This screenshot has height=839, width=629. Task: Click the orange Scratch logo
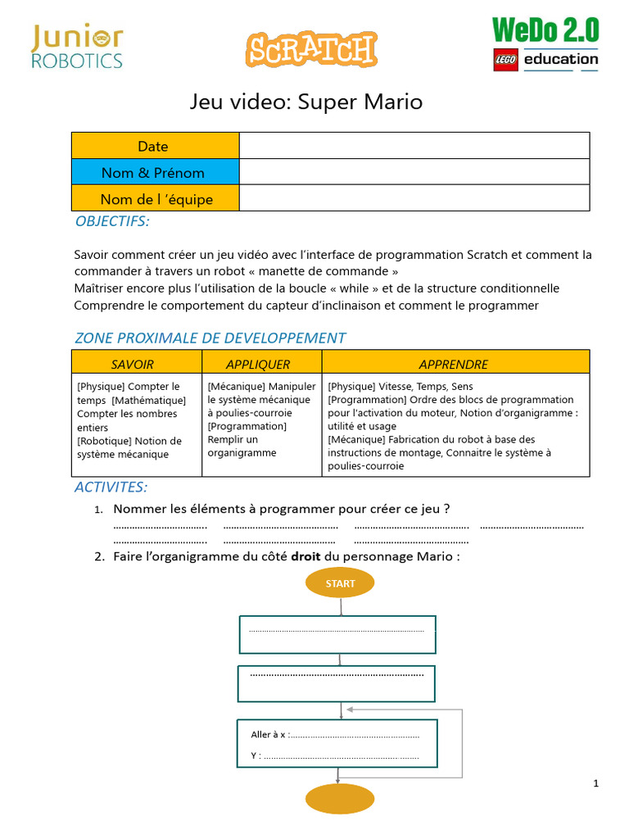311,49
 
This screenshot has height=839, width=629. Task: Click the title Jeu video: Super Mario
306,102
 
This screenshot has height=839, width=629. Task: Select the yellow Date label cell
153,146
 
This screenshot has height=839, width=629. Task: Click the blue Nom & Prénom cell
153,172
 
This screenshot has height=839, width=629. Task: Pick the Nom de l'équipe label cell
156,199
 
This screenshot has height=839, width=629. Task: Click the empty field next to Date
414,146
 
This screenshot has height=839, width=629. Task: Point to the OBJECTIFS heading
112,221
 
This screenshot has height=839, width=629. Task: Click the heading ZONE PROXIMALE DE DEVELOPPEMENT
210,338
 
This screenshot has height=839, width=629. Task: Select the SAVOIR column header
133,364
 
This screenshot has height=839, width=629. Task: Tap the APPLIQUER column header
258,364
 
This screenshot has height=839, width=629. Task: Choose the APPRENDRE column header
453,364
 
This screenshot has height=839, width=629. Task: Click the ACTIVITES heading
111,488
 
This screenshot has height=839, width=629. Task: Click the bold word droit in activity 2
305,556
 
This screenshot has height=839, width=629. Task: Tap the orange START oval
340,583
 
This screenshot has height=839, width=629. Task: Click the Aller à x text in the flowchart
269,734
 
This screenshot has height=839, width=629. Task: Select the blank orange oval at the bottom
340,799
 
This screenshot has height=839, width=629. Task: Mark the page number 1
596,783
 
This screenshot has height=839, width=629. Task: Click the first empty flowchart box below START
337,634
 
